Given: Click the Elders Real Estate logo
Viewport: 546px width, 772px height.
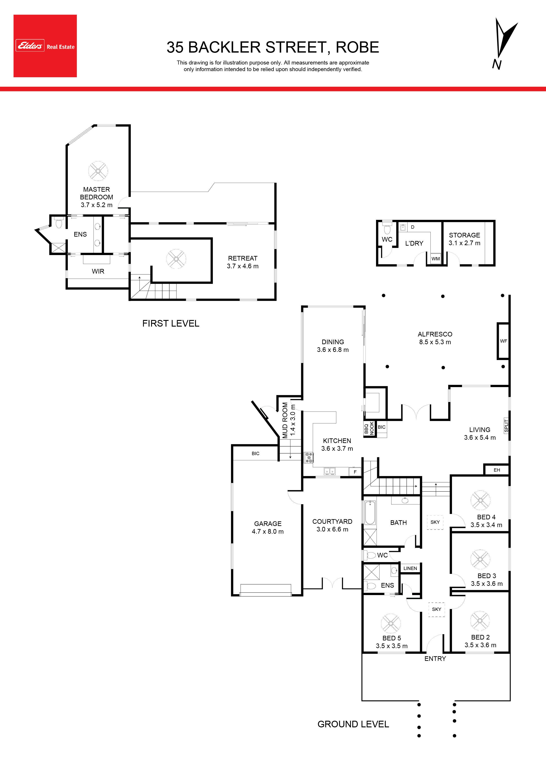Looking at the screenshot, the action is coord(45,46).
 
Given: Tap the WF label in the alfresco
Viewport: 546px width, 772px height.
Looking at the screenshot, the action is coord(503,341).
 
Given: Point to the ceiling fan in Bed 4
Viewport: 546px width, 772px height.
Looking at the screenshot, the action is coord(480,500).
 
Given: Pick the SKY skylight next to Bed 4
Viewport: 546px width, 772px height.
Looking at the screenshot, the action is coord(435,522).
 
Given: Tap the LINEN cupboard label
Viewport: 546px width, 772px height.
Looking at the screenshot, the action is coord(410,568).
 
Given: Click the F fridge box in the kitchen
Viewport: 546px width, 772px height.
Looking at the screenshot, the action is coord(355,472).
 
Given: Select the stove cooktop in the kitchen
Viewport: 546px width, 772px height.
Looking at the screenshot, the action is coord(309,457).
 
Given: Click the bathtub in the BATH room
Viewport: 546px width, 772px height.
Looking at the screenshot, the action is coord(370,513).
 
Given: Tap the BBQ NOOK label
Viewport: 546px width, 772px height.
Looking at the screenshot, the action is coord(369,428).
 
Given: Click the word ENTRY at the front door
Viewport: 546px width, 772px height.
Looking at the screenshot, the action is coord(435,659).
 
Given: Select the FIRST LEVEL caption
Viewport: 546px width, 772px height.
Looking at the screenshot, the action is coord(171,324).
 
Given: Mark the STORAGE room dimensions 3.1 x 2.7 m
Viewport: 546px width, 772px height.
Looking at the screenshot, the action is coord(464,243).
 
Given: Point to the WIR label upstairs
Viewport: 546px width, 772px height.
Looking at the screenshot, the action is coord(98,271).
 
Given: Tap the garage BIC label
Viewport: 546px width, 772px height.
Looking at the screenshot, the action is coord(255,454).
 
